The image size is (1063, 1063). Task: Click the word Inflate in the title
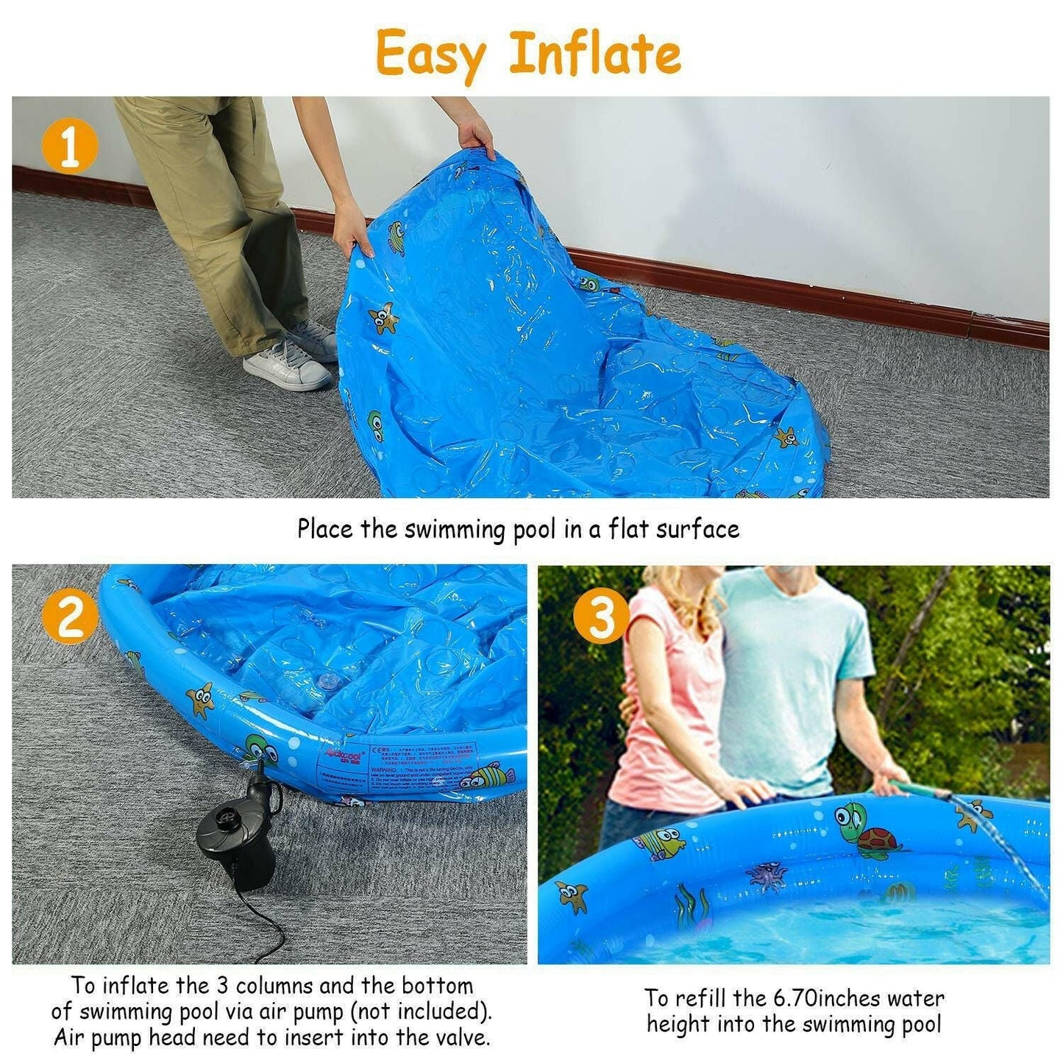click(594, 53)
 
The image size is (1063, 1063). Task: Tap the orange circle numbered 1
click(69, 147)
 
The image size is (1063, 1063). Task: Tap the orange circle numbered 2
click(70, 616)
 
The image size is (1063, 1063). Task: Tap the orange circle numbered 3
click(601, 616)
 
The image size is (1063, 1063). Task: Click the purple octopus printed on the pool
click(767, 875)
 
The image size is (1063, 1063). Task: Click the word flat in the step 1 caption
click(630, 529)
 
